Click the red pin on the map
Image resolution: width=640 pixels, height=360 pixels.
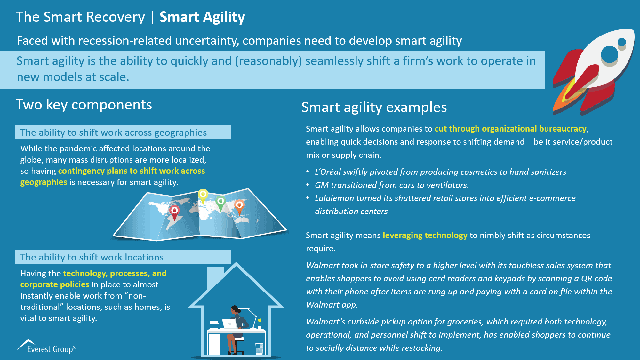pos(174,211)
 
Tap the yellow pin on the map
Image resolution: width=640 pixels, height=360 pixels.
pos(203,195)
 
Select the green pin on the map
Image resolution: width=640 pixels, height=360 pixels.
pos(220,202)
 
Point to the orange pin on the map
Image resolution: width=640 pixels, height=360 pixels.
pos(239,205)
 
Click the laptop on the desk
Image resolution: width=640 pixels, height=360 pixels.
pos(230,324)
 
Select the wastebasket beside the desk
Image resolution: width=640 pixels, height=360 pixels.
pos(259,348)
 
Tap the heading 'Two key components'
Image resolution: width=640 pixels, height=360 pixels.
pos(84,105)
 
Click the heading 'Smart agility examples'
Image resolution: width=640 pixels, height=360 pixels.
pos(374,107)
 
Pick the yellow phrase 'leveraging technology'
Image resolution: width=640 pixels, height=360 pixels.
pos(425,235)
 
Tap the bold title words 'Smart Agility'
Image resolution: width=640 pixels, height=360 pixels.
pos(202,17)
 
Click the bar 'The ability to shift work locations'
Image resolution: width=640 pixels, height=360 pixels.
pos(123,257)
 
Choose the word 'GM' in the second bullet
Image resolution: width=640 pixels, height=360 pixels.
pos(321,185)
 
